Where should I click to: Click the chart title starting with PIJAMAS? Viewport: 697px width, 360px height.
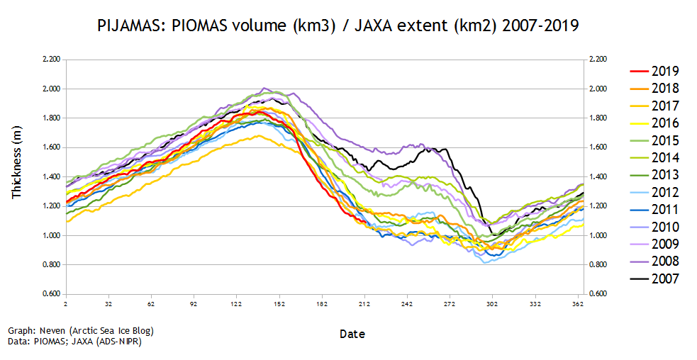[x=337, y=27]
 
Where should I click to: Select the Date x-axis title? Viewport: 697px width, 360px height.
[x=352, y=333]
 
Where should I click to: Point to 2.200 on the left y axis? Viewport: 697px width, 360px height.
[x=51, y=60]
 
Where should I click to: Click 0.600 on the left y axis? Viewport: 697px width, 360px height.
[x=51, y=294]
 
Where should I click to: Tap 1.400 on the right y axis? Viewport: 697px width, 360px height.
[x=598, y=177]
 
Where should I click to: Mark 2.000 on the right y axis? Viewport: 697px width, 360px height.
[x=598, y=89]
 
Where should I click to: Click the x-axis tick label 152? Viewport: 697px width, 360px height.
[x=279, y=304]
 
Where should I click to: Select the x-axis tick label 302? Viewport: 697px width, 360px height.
[x=493, y=304]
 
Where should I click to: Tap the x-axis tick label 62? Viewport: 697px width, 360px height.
[x=151, y=304]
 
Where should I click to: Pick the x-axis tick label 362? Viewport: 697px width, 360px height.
[x=578, y=304]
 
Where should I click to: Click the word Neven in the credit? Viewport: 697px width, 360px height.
[x=50, y=331]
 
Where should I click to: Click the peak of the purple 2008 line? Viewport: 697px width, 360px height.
[x=264, y=88]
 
